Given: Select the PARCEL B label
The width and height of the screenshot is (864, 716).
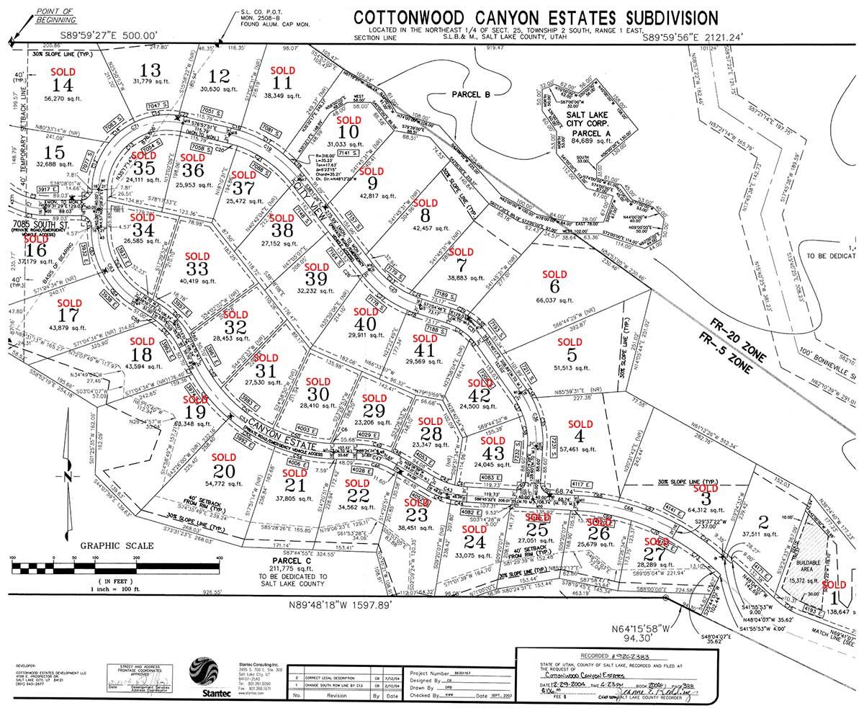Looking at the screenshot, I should (471, 94).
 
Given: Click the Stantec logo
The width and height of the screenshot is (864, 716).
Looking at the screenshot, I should (201, 679).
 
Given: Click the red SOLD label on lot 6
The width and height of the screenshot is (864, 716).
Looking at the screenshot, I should (554, 275).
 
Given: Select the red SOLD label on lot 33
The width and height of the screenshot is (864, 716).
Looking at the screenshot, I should (196, 256).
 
